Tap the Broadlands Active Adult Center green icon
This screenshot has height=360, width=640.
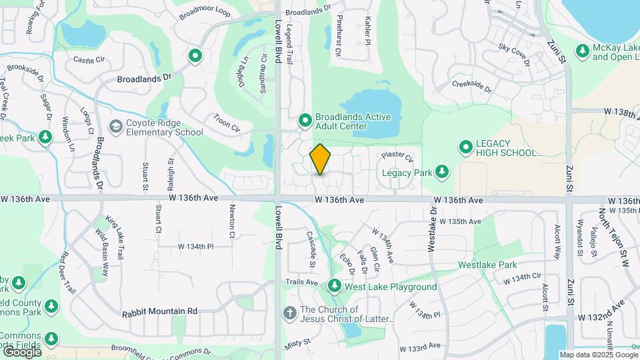[x=305, y=121]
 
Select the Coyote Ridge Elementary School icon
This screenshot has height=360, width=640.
[x=116, y=126]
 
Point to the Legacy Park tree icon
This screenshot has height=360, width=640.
[x=441, y=172]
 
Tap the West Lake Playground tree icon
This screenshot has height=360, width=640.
[x=335, y=287]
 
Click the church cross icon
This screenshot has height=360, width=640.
[x=289, y=312]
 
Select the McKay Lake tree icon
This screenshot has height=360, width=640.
[x=583, y=51]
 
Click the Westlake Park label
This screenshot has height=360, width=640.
[x=487, y=265]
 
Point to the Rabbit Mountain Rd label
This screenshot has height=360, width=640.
[x=160, y=311]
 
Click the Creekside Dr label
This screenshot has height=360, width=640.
[x=471, y=86]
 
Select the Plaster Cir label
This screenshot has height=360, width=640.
[x=397, y=158]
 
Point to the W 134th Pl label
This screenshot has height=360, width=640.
[x=195, y=247]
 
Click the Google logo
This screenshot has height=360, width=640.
[x=21, y=351]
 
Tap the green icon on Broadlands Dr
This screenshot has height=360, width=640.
[x=195, y=56]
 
